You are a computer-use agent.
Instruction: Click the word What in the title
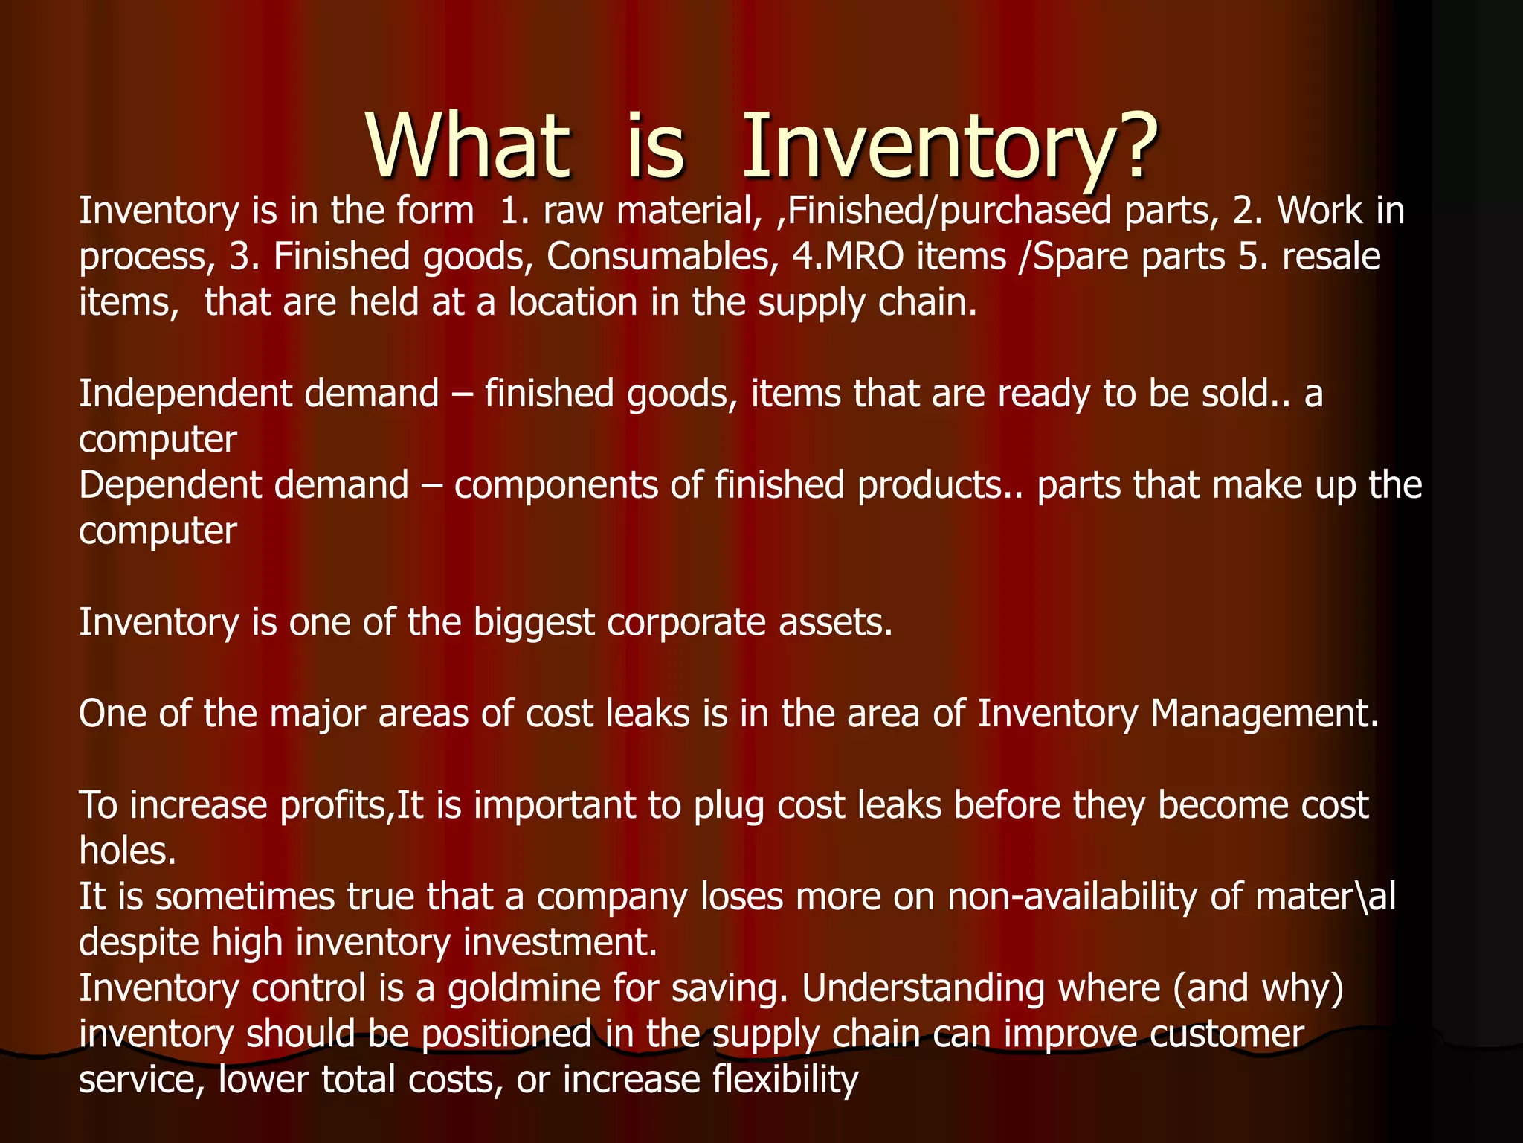coord(468,147)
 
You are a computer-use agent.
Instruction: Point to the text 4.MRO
coord(848,257)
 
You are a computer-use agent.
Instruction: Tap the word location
coord(573,303)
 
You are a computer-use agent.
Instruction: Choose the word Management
coord(1264,714)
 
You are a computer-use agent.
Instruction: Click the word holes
coord(127,851)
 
